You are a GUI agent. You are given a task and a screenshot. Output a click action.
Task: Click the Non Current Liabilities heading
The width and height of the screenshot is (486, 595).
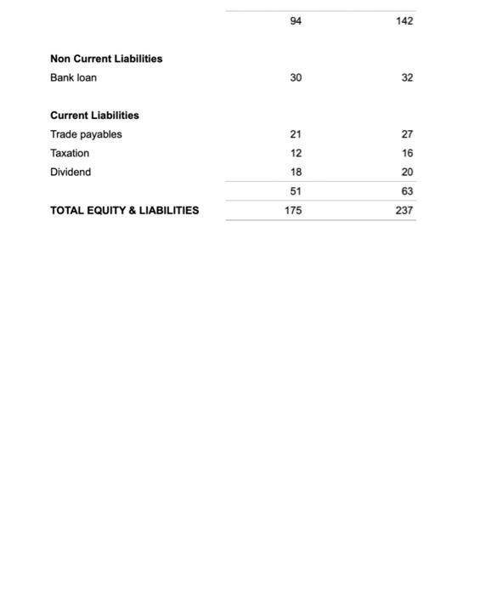(x=106, y=59)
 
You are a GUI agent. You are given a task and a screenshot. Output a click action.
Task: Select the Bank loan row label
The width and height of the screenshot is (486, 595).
(x=74, y=77)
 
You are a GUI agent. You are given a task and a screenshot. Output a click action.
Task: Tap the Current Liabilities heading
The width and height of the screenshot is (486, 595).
(x=94, y=115)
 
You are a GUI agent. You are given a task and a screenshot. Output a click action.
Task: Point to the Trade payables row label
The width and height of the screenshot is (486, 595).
(x=86, y=134)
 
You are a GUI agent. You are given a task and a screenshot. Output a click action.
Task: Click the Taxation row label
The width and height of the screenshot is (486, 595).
(x=70, y=153)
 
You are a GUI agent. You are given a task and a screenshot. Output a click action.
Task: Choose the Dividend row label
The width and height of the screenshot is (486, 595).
(x=71, y=172)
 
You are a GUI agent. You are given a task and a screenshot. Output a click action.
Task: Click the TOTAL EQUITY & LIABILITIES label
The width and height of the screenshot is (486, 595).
(x=125, y=210)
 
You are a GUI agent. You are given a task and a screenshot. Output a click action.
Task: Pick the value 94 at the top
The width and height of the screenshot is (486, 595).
(x=296, y=20)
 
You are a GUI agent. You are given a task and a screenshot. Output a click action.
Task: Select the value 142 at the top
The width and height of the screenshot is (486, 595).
(x=404, y=20)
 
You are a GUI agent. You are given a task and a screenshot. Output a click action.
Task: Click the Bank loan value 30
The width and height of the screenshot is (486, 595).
(x=296, y=77)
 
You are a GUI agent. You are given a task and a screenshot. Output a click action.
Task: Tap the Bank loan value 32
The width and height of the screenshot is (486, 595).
(x=407, y=77)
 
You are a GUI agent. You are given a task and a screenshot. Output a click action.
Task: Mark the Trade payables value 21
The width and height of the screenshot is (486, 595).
(x=296, y=134)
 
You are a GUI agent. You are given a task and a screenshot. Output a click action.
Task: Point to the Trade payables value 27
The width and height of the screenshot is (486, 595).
(x=407, y=134)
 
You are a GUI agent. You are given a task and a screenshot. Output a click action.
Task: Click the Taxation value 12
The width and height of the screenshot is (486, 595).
(x=296, y=153)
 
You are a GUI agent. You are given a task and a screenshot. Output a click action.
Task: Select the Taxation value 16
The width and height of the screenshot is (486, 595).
(x=407, y=153)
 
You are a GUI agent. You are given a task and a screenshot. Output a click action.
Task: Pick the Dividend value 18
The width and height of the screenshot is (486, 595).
(x=296, y=172)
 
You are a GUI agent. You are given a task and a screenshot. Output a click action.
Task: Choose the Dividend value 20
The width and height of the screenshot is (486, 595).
(x=407, y=172)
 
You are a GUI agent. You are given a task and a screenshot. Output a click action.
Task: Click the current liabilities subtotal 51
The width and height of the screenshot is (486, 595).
(x=296, y=191)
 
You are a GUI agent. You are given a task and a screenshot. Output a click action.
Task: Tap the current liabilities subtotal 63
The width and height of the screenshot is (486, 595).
(x=407, y=191)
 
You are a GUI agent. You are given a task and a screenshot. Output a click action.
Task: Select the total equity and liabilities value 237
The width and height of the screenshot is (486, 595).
(x=404, y=210)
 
